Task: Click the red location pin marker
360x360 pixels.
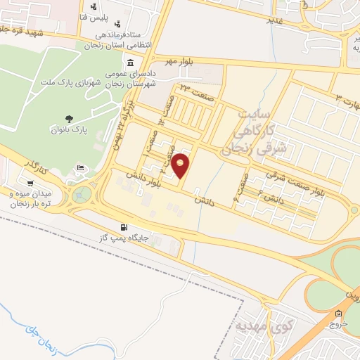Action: point(181,166)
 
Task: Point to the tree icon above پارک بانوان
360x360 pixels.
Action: point(68,118)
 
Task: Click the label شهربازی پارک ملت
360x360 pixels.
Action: point(77,83)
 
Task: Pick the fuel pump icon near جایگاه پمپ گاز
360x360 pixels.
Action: point(124,227)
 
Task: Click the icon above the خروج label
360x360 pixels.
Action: point(339,314)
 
